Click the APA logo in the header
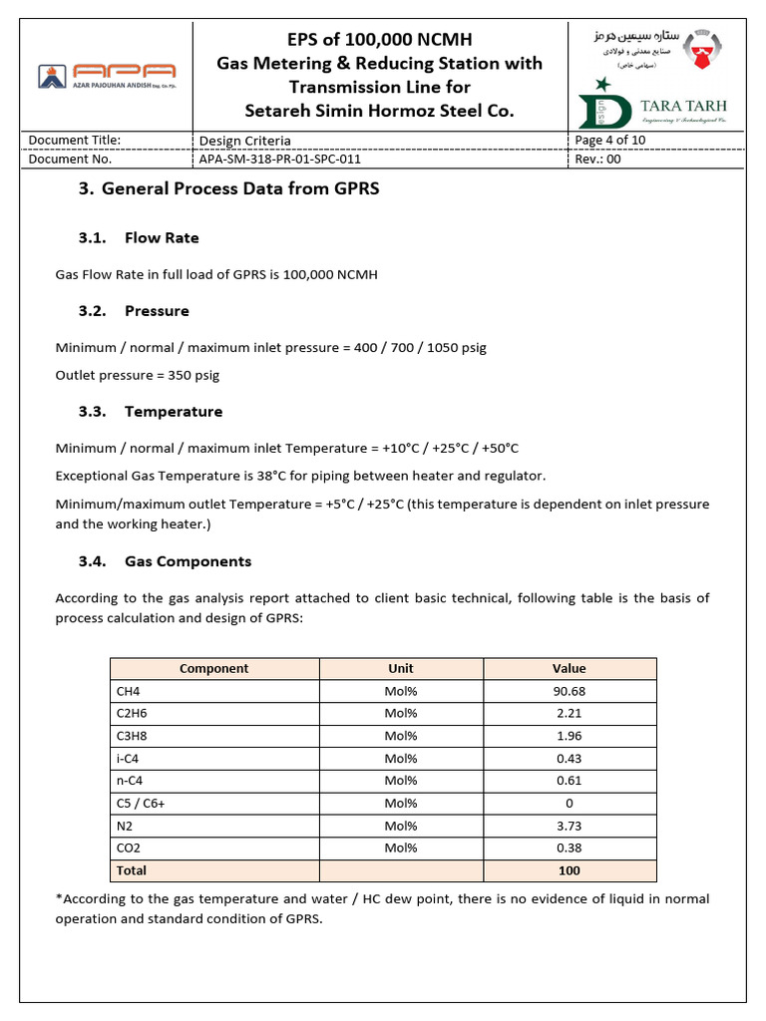(x=107, y=75)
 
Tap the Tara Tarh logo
(x=654, y=107)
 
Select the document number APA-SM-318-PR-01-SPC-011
(x=280, y=159)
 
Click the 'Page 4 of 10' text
(x=610, y=140)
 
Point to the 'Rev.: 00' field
(x=598, y=159)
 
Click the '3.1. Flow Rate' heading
(x=139, y=238)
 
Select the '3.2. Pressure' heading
(x=134, y=311)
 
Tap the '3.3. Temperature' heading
(x=151, y=412)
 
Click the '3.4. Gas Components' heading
(x=165, y=561)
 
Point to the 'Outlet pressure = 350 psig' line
(x=138, y=376)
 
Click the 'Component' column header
(x=213, y=668)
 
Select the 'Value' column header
(x=570, y=668)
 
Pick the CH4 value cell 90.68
(x=570, y=691)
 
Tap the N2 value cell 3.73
(x=570, y=826)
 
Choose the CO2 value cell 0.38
(x=570, y=849)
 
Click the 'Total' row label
(x=132, y=870)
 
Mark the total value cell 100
(x=570, y=870)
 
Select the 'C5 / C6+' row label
(x=142, y=804)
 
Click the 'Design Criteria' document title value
(x=245, y=141)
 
